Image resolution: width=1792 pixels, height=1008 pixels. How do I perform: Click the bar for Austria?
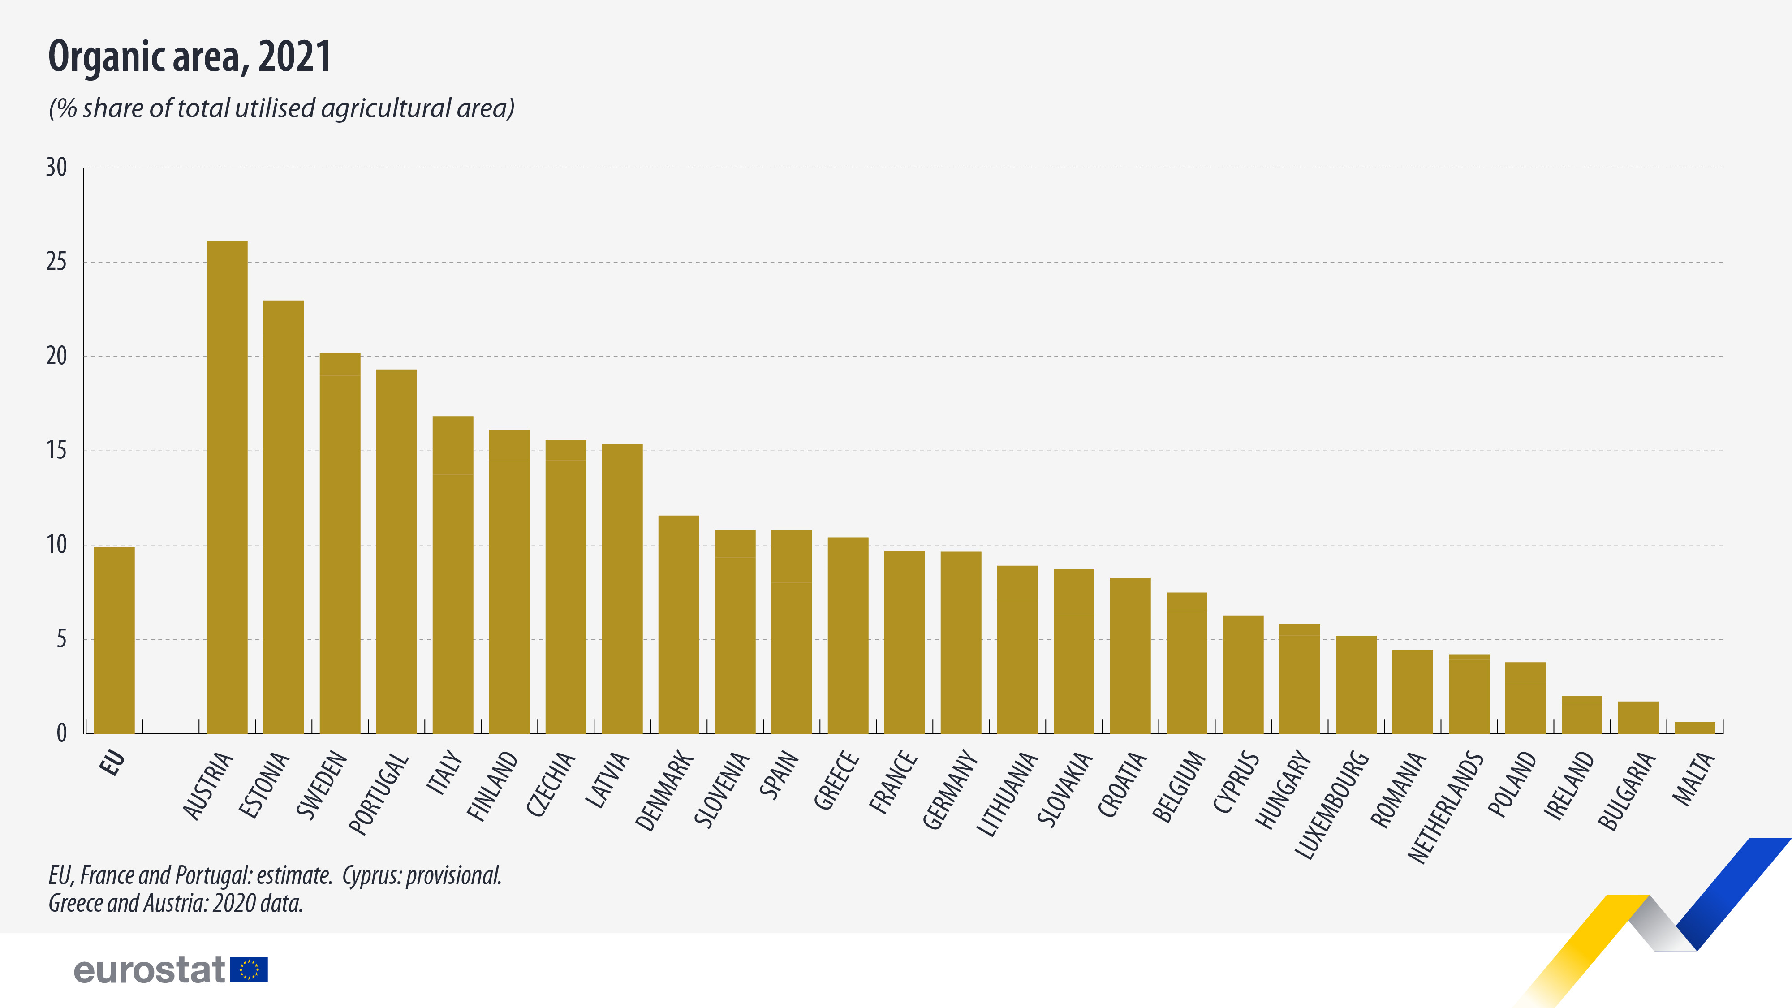click(227, 487)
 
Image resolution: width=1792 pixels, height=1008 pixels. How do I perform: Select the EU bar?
click(114, 640)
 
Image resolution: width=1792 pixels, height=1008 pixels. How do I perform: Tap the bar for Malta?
click(1695, 728)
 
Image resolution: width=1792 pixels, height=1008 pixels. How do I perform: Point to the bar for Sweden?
click(340, 543)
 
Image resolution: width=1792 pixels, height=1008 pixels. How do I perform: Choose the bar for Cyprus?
click(1243, 674)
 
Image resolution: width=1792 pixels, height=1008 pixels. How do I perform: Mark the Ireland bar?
click(1582, 715)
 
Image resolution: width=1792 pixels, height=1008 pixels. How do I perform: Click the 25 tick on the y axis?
click(56, 262)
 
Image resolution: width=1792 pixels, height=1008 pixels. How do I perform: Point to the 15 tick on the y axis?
click(56, 451)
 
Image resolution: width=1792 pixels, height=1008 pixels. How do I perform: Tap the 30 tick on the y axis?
click(56, 168)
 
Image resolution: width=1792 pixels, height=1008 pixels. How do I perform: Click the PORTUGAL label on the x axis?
click(379, 793)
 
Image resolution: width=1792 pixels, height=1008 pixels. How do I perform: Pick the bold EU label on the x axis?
click(113, 762)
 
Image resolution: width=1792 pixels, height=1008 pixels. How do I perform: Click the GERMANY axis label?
click(950, 789)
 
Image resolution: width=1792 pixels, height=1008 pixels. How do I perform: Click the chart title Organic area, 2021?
click(189, 57)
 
